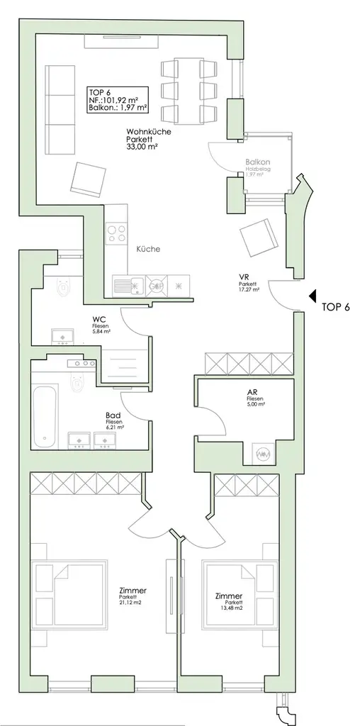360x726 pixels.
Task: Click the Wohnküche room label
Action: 148,131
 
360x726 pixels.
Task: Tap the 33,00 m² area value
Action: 142,147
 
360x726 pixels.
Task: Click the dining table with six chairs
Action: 189,91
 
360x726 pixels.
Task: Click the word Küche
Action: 149,250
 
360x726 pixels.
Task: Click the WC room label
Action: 99,320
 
